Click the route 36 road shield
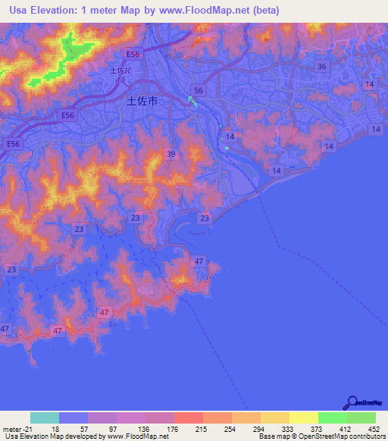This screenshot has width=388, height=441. pyautogui.click(x=322, y=67)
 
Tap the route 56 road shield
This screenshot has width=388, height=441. pyautogui.click(x=199, y=90)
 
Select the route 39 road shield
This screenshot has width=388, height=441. pyautogui.click(x=171, y=155)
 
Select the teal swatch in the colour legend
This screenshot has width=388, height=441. pyautogui.click(x=45, y=418)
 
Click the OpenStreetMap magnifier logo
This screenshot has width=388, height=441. pyautogui.click(x=352, y=402)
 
